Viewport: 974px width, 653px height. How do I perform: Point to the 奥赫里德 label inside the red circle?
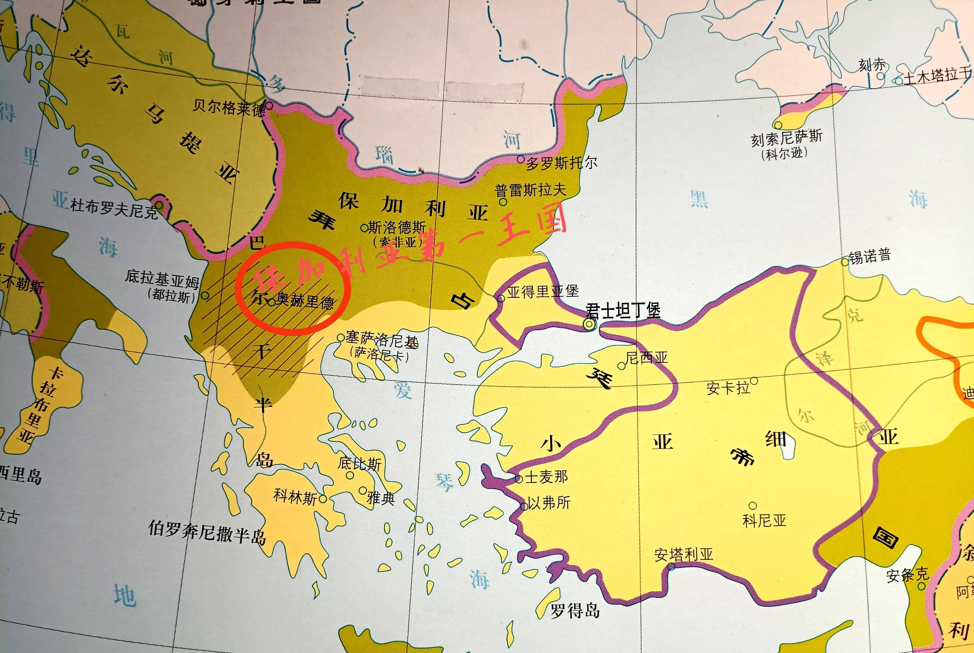click(305, 301)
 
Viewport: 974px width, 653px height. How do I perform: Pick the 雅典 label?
click(381, 498)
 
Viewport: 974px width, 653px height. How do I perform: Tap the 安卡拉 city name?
click(728, 388)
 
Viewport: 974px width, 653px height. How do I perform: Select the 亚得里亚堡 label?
click(542, 291)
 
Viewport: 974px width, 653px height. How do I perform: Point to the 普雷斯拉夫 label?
click(530, 190)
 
